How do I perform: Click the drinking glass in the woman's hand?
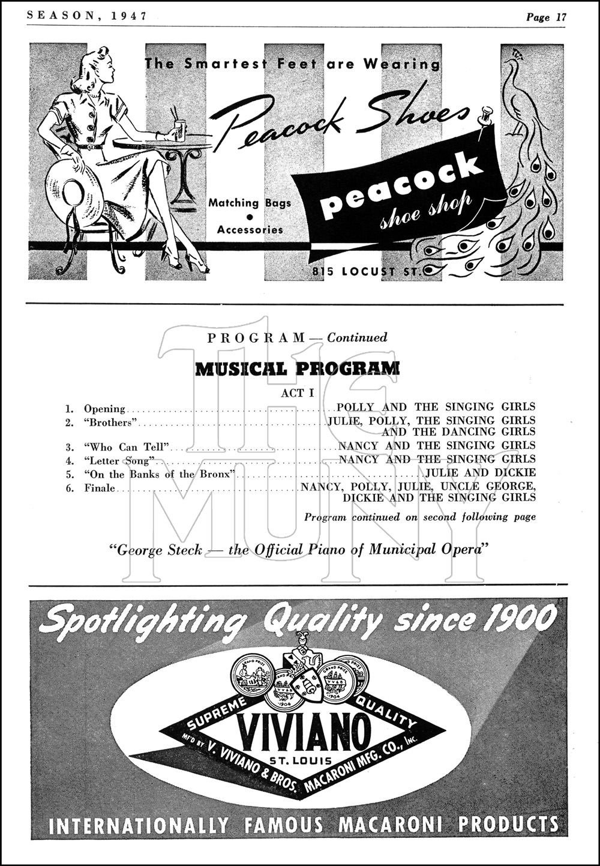pyautogui.click(x=179, y=129)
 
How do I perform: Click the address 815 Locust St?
pyautogui.click(x=367, y=271)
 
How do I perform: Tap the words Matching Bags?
pyautogui.click(x=250, y=203)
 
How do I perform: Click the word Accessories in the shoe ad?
pyautogui.click(x=250, y=229)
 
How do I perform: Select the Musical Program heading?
pyautogui.click(x=297, y=368)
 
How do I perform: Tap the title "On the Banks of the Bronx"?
pyautogui.click(x=158, y=474)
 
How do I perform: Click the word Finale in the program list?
pyautogui.click(x=99, y=488)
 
